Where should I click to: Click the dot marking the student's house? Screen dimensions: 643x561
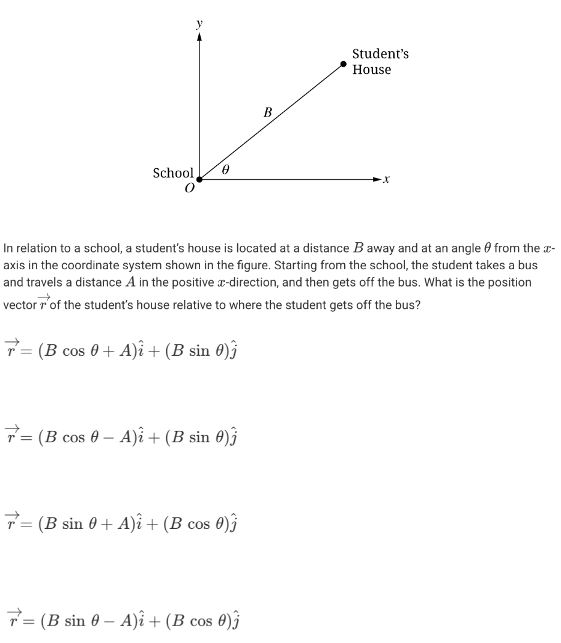pyautogui.click(x=343, y=64)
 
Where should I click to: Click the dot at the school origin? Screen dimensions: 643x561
pyautogui.click(x=200, y=178)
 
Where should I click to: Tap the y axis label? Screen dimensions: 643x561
pyautogui.click(x=199, y=23)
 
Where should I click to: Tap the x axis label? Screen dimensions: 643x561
pyautogui.click(x=387, y=179)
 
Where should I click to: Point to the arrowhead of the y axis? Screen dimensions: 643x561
pyautogui.click(x=199, y=37)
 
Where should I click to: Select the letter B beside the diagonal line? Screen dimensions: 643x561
pyautogui.click(x=268, y=112)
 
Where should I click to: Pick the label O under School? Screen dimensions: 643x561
pyautogui.click(x=190, y=188)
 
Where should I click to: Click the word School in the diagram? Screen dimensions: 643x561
pyautogui.click(x=173, y=173)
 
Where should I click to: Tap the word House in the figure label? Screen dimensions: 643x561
pyautogui.click(x=371, y=70)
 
